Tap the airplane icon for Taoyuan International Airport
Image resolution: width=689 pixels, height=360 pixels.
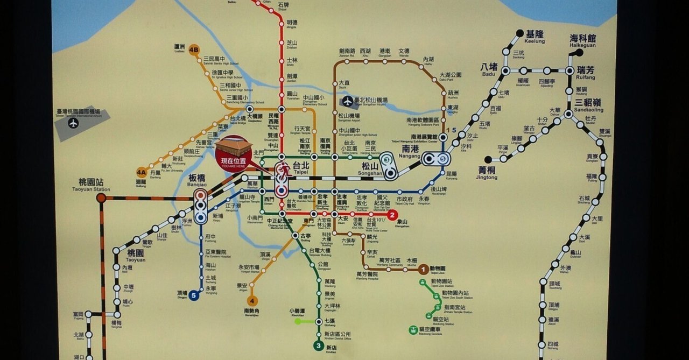(74, 123)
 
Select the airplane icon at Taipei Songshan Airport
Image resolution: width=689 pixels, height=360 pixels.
(348, 101)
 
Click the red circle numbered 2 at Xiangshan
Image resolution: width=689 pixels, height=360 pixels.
(392, 215)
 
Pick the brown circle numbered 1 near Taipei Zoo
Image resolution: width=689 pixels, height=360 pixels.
(424, 269)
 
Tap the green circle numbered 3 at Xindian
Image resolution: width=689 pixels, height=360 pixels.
(319, 345)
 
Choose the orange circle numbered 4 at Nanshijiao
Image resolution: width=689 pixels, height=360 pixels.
(251, 301)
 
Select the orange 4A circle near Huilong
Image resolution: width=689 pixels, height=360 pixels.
(141, 173)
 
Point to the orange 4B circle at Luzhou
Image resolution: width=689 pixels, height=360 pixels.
(194, 51)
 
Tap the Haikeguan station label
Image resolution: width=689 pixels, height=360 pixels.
(583, 41)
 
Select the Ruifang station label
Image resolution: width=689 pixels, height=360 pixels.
(586, 73)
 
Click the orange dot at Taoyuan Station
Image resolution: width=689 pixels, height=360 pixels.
(101, 198)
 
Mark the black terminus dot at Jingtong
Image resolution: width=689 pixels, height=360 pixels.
(488, 160)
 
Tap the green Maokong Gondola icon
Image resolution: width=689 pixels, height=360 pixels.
(413, 330)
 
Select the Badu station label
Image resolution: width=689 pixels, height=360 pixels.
(489, 70)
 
